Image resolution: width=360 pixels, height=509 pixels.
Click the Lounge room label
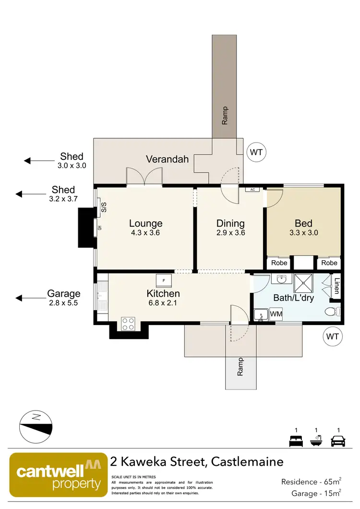pyautogui.click(x=145, y=223)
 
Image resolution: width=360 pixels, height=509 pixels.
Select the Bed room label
pyautogui.click(x=303, y=223)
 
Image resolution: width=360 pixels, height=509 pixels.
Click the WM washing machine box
pyautogui.click(x=276, y=314)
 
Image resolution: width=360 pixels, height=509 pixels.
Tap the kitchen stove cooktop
pyautogui.click(x=128, y=324)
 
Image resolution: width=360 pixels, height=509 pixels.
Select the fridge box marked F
pyautogui.click(x=164, y=280)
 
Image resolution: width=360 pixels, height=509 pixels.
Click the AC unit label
pyautogui.click(x=252, y=190)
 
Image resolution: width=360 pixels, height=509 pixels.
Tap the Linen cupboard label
pyautogui.click(x=337, y=287)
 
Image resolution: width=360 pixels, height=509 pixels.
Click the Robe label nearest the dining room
pyautogui.click(x=279, y=263)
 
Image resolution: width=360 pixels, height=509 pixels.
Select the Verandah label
pyautogui.click(x=167, y=159)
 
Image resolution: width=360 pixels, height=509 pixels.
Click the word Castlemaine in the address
pyautogui.click(x=247, y=462)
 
